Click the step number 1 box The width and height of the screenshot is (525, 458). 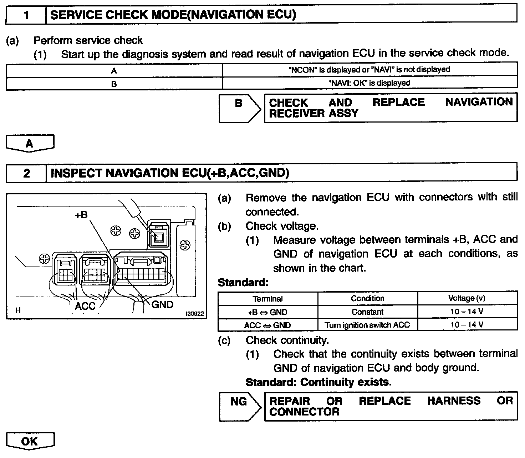coord(26,15)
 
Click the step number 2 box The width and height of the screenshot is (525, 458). coord(26,173)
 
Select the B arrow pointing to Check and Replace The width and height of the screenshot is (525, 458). coord(239,108)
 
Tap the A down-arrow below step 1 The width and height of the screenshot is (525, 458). coord(30,144)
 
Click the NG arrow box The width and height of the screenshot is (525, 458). coord(239,406)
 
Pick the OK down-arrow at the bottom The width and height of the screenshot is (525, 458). coord(30,442)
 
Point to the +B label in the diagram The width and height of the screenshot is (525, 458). coord(81,215)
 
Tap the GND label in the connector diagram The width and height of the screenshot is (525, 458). coord(162,304)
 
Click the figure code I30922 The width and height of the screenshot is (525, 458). coord(194,314)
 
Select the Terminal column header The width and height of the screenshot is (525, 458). coord(267,299)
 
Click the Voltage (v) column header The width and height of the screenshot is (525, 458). coord(467,298)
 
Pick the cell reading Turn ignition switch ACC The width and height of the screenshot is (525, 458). coord(367,325)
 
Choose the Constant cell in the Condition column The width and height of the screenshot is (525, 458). coord(367,312)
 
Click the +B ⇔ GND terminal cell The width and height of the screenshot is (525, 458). coord(267,312)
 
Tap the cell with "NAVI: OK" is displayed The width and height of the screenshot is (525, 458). coord(369,83)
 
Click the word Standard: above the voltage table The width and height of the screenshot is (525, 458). coord(243,283)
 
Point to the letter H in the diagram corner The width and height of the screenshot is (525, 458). coord(18,310)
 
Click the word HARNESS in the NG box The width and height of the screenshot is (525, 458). coord(454,401)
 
